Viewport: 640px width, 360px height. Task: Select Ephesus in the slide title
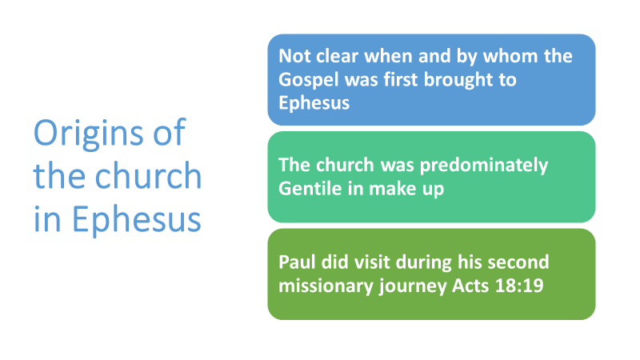(136, 219)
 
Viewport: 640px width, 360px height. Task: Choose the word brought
(458, 80)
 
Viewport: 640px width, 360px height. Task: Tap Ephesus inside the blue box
(314, 102)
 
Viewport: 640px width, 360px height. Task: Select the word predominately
(484, 166)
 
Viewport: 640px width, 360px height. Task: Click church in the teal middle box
(345, 165)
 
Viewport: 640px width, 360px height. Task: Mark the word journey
(413, 286)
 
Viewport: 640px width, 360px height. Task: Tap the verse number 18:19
(519, 286)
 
